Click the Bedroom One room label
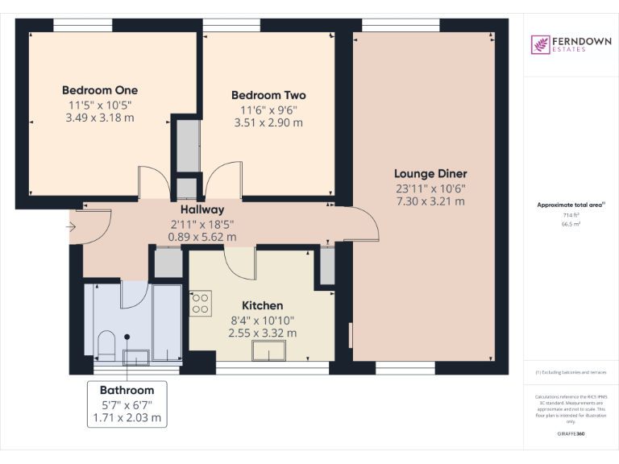pyautogui.click(x=100, y=90)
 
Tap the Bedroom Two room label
pyautogui.click(x=268, y=95)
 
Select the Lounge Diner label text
pyautogui.click(x=430, y=173)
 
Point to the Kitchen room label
pyautogui.click(x=263, y=305)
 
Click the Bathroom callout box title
pyautogui.click(x=127, y=390)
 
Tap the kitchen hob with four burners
pyautogui.click(x=200, y=303)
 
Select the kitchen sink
pyautogui.click(x=269, y=352)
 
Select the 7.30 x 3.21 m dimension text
pyautogui.click(x=430, y=201)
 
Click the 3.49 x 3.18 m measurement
pyautogui.click(x=100, y=118)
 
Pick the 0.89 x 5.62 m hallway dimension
pyautogui.click(x=201, y=237)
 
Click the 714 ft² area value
pyautogui.click(x=571, y=216)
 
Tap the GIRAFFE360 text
pyautogui.click(x=571, y=433)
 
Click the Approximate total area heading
pyautogui.click(x=569, y=205)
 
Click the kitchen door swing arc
pyautogui.click(x=240, y=261)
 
